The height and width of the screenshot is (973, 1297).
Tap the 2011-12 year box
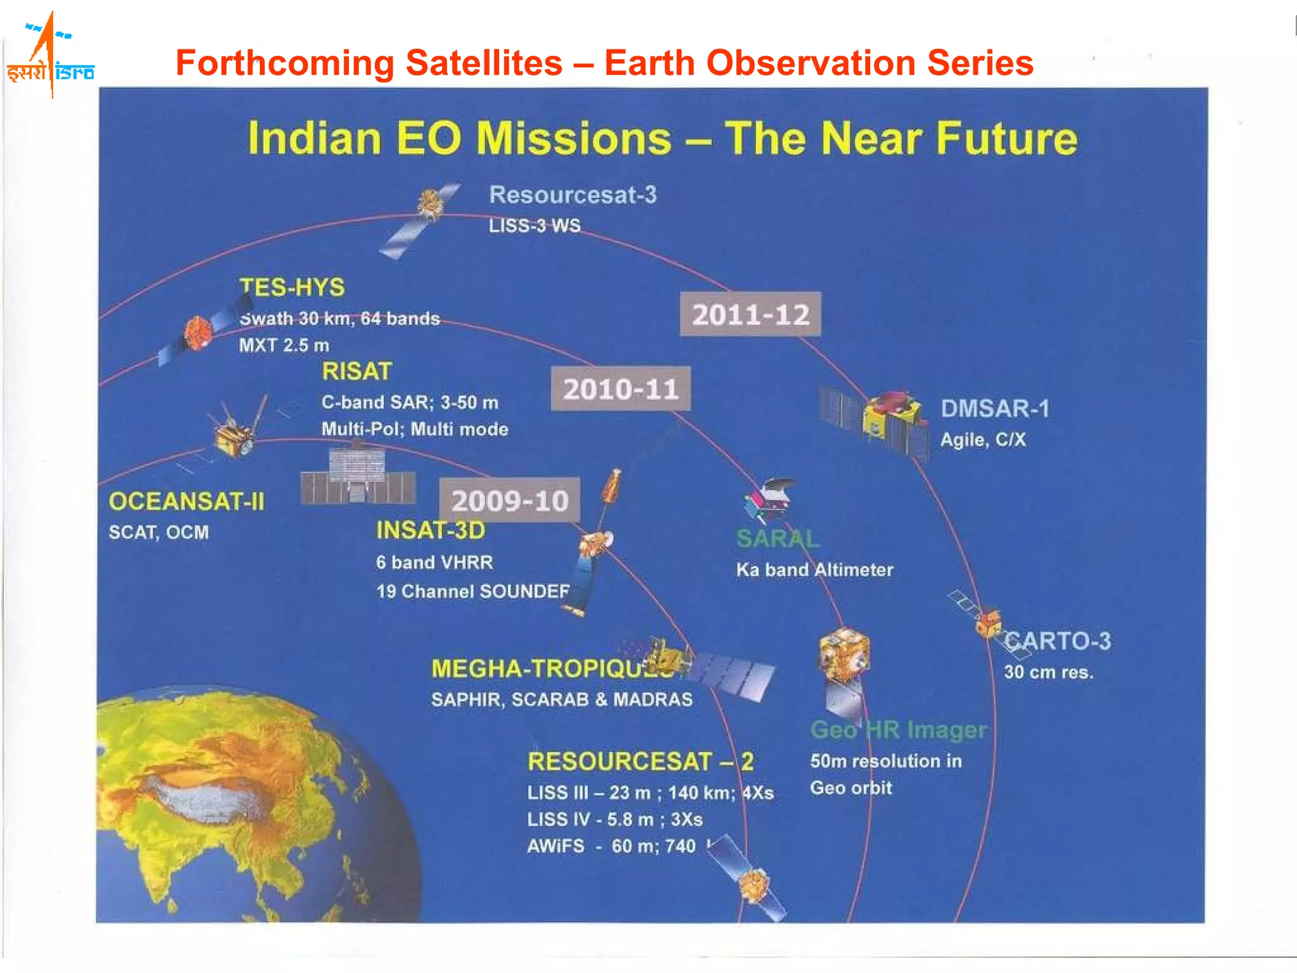[x=750, y=315]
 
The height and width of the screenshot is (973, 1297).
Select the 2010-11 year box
[x=621, y=389]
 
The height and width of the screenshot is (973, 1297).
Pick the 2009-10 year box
[x=510, y=500]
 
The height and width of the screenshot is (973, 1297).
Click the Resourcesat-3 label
[x=573, y=195]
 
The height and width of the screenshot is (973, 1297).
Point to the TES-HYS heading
[x=292, y=288]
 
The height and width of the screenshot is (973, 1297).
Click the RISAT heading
[x=357, y=371]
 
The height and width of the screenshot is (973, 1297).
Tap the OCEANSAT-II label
[x=186, y=502]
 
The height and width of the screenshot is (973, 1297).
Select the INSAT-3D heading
[x=431, y=530]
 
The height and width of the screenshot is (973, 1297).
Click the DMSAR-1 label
[x=994, y=409]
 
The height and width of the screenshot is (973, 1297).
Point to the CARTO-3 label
[x=1058, y=641]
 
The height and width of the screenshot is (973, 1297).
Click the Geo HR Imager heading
[x=898, y=730]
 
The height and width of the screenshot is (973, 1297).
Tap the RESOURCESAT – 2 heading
[x=640, y=761]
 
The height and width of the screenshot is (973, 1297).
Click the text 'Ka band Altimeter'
[x=814, y=570]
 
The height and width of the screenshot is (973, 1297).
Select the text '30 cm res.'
[x=1048, y=672]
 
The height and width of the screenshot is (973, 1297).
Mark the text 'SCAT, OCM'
[x=158, y=532]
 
